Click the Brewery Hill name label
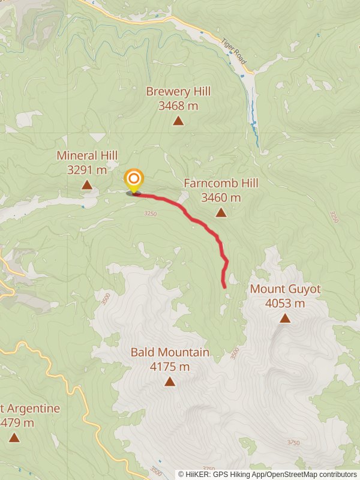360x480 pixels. (178, 92)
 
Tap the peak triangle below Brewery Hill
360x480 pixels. (178, 121)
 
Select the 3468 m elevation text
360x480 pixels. (178, 106)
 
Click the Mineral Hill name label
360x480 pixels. (87, 155)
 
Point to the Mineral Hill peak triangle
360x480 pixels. (87, 185)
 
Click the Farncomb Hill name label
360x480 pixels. (221, 183)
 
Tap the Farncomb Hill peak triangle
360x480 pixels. (221, 212)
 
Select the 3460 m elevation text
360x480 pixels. (221, 197)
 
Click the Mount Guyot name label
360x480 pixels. (285, 289)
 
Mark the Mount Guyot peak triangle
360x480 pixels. (285, 318)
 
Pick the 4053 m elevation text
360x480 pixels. (285, 303)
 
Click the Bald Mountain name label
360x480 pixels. (170, 352)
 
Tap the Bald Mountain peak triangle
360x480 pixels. (170, 382)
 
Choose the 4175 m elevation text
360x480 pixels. (170, 367)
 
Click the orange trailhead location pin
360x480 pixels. (134, 179)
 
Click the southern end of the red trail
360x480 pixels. (225, 287)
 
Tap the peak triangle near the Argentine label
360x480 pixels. (14, 438)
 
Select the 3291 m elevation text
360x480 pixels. (87, 170)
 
